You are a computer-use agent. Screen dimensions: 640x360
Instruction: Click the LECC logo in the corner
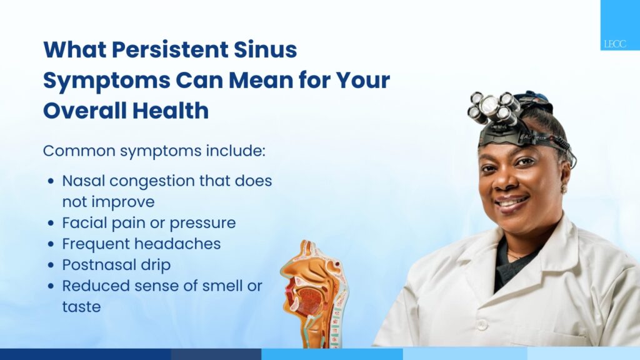(x=615, y=44)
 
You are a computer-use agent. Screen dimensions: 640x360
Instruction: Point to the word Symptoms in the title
(x=106, y=81)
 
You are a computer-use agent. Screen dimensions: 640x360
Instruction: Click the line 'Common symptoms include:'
(x=154, y=151)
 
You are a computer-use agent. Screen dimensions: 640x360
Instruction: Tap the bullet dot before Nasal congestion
(x=51, y=181)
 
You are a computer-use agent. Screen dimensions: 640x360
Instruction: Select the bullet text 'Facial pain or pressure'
(x=149, y=223)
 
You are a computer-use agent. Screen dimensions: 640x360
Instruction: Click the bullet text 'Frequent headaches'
(x=141, y=244)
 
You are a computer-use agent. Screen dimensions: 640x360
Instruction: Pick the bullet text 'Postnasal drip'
(x=116, y=265)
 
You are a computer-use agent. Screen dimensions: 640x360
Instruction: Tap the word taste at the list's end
(x=81, y=307)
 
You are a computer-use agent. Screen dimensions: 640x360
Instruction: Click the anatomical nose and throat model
(x=314, y=294)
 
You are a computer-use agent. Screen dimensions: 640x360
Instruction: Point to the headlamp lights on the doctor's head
(x=494, y=107)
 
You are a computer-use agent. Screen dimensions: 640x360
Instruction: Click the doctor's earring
(x=565, y=189)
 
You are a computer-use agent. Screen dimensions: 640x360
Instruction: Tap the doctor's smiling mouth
(x=512, y=202)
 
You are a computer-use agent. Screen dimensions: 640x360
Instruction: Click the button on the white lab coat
(x=482, y=325)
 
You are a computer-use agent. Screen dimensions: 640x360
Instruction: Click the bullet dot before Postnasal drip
(x=51, y=265)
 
